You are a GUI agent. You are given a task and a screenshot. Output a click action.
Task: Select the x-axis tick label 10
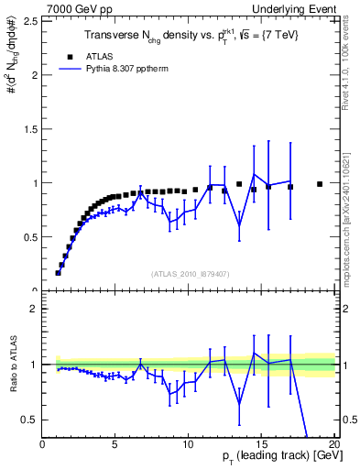coord(189,443)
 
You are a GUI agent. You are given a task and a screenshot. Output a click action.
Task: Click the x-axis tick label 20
coord(333,443)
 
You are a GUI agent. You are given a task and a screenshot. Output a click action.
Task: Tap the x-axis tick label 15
coord(261,443)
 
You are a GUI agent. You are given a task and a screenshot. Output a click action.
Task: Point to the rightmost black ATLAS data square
coord(320,184)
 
